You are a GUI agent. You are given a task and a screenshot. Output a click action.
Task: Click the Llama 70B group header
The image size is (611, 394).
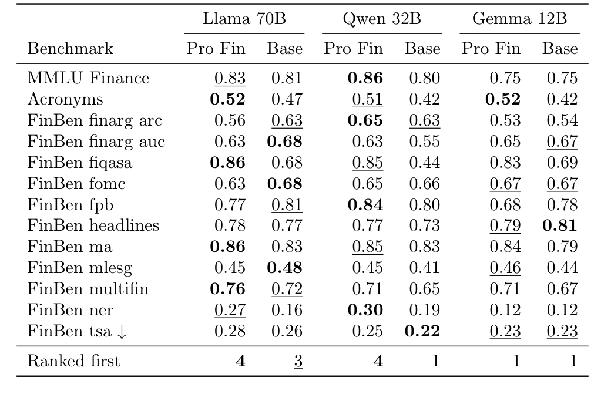pyautogui.click(x=244, y=19)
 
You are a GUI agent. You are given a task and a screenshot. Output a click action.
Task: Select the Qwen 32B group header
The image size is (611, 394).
pyautogui.click(x=382, y=19)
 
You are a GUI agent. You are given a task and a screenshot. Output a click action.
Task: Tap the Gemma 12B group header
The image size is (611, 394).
pyautogui.click(x=519, y=19)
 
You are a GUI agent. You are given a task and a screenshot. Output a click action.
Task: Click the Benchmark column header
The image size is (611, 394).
pyautogui.click(x=70, y=49)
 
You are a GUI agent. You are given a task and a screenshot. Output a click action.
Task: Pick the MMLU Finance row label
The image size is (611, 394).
pyautogui.click(x=88, y=78)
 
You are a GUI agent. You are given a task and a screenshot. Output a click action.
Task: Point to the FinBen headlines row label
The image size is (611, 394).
pyautogui.click(x=93, y=225)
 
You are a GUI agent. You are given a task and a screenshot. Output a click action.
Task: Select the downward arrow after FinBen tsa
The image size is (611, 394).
pyautogui.click(x=121, y=331)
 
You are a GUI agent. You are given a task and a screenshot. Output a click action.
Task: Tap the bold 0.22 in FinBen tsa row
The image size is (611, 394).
pyautogui.click(x=422, y=331)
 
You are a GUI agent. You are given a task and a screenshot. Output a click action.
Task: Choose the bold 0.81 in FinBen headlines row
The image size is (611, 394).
pyautogui.click(x=560, y=225)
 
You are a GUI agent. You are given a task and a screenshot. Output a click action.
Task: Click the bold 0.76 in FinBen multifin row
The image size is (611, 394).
pyautogui.click(x=228, y=289)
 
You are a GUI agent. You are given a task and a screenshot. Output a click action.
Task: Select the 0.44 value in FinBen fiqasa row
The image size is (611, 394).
pyautogui.click(x=422, y=163)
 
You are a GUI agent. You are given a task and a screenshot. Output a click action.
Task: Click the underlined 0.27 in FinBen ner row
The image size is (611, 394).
pyautogui.click(x=229, y=310)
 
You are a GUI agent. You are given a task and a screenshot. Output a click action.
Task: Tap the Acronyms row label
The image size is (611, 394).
pyautogui.click(x=65, y=99)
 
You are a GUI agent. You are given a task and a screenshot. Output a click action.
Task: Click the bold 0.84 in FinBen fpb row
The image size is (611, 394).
pyautogui.click(x=365, y=205)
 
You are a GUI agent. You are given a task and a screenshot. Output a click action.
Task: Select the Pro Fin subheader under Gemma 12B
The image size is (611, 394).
pyautogui.click(x=491, y=49)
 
